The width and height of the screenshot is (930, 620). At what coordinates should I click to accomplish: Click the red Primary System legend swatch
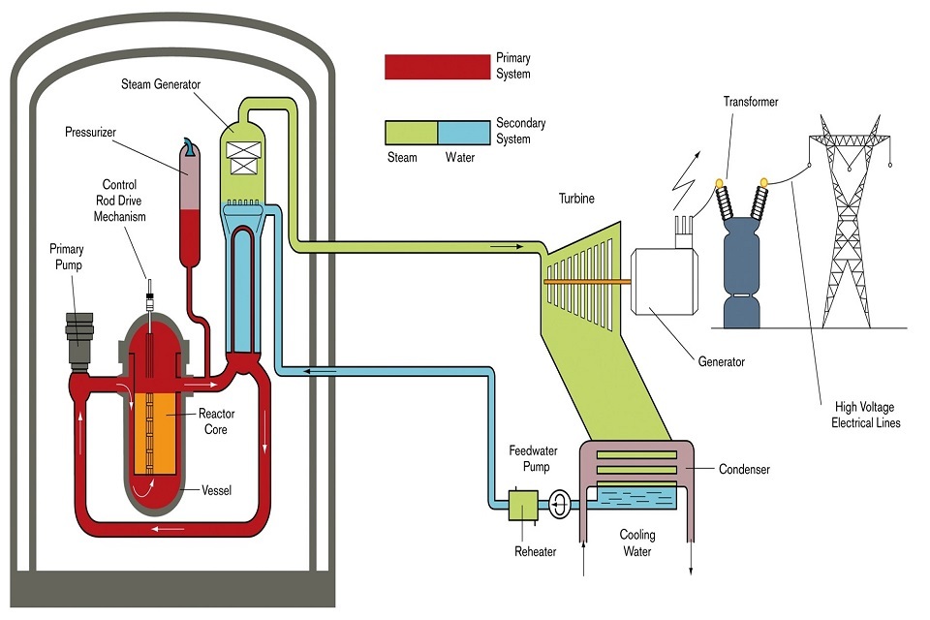point(437,67)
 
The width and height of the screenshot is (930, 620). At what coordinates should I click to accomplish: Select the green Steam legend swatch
point(411,132)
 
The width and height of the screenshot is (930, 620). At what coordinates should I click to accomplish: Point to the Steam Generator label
point(161,84)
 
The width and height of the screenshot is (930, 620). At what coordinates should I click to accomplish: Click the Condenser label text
point(744,470)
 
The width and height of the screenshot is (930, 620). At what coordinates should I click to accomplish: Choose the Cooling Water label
point(637,542)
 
